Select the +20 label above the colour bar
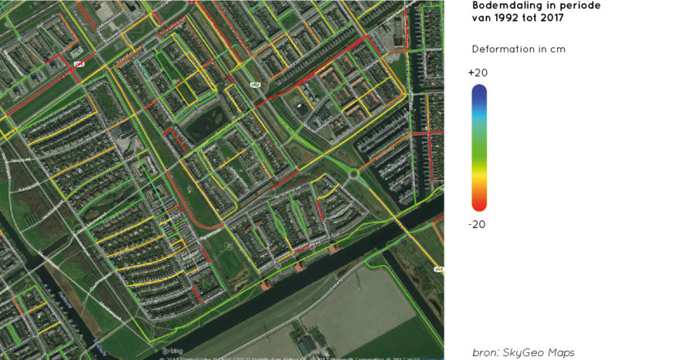click(x=478, y=73)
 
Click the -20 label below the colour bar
click(x=478, y=224)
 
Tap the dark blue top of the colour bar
click(x=479, y=93)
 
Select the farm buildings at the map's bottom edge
click(x=307, y=345)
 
